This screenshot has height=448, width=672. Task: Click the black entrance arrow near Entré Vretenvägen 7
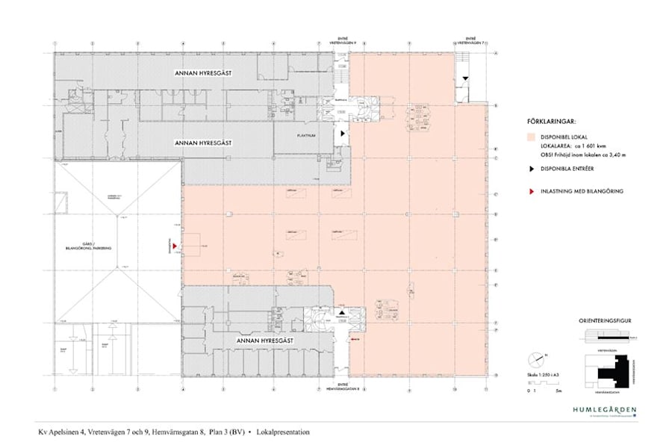click(465, 78)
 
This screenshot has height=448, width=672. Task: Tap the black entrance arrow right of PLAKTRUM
click(342, 132)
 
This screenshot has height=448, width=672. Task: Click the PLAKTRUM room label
click(303, 136)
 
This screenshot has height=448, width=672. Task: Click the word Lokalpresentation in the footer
click(282, 432)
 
